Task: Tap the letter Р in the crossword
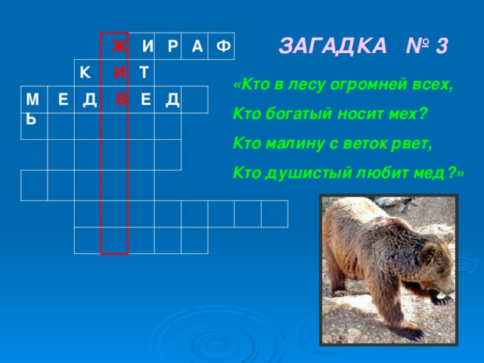click(172, 48)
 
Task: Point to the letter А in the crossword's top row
click(196, 48)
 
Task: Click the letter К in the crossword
click(86, 73)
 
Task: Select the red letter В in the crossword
click(122, 99)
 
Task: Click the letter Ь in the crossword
click(30, 119)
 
